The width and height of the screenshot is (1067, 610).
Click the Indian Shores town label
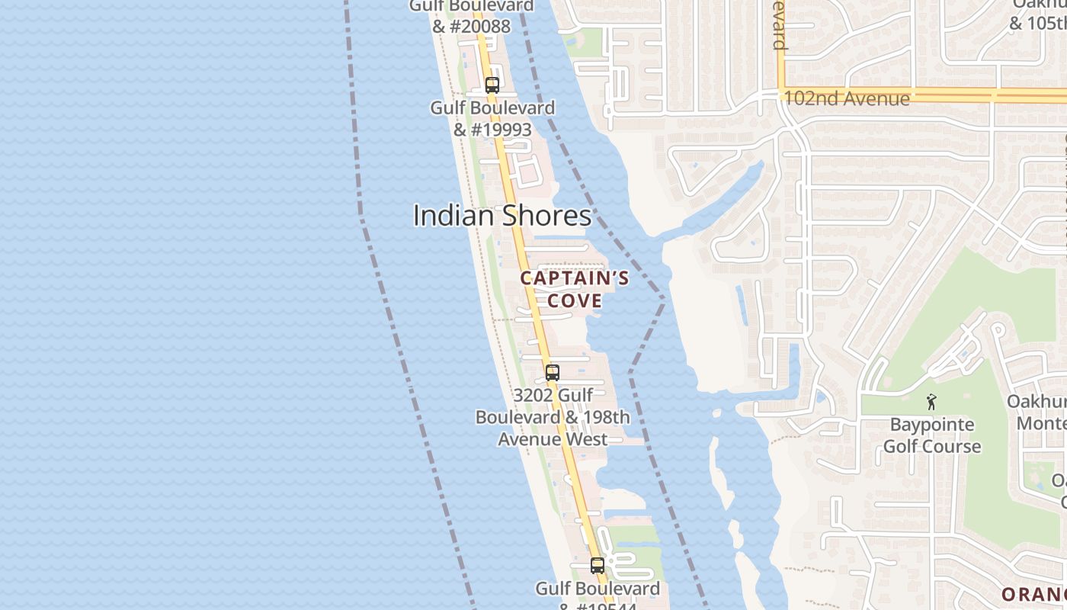[501, 216]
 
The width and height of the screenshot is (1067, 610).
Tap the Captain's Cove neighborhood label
[575, 289]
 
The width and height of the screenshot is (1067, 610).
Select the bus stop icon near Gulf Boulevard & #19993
[492, 85]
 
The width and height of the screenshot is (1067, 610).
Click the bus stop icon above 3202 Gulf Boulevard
[553, 374]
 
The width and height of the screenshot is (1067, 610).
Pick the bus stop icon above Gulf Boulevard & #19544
[598, 566]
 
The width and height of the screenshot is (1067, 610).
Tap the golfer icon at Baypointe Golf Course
[931, 402]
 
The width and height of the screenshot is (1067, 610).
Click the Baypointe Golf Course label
[931, 435]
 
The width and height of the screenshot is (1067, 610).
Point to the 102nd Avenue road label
[846, 98]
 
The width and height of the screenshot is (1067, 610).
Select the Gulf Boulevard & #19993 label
[492, 118]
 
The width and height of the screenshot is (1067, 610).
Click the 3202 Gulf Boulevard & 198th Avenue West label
[553, 417]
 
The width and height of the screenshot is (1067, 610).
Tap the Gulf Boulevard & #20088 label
[471, 16]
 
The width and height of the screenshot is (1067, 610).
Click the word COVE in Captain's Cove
[575, 300]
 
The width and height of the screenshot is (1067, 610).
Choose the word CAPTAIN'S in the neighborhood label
[575, 278]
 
